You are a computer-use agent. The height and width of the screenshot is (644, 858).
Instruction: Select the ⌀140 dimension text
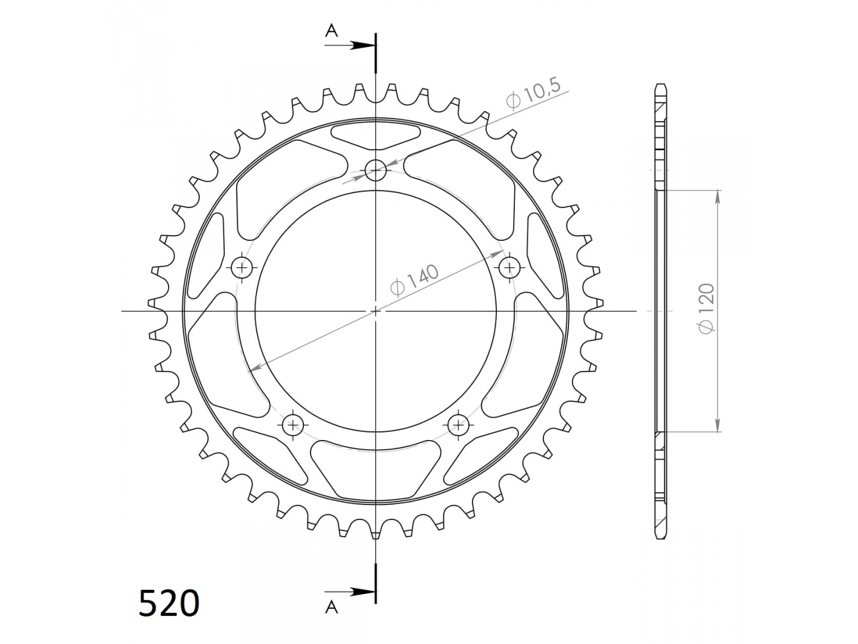[x=414, y=280]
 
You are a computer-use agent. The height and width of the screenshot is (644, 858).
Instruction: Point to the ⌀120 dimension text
[x=707, y=308]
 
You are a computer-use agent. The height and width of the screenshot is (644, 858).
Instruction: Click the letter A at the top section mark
[x=331, y=30]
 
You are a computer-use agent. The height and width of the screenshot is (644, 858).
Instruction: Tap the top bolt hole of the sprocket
[x=375, y=170]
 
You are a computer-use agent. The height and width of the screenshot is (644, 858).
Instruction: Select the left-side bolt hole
[x=242, y=268]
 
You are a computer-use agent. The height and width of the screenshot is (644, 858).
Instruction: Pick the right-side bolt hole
[x=509, y=268]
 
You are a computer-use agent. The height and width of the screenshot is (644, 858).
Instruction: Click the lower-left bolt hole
[x=293, y=425]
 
